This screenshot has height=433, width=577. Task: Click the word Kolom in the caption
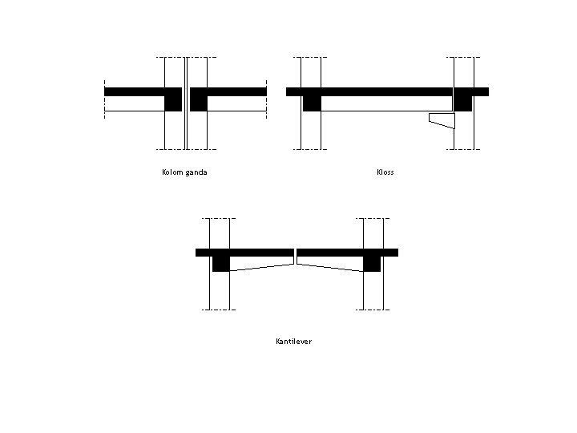[172, 172]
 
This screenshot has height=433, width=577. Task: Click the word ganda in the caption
[196, 172]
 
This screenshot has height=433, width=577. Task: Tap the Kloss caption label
[385, 172]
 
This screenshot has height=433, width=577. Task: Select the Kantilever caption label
[293, 342]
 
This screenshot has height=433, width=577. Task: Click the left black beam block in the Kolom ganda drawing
[173, 103]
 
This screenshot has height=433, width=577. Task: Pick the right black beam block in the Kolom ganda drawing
[199, 103]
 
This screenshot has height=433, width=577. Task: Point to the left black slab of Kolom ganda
[136, 91]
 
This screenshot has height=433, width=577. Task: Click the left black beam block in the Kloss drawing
[312, 103]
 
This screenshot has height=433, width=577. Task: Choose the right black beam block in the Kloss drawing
[462, 103]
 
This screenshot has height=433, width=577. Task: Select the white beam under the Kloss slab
[385, 103]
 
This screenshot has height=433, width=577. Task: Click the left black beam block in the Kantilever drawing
[221, 263]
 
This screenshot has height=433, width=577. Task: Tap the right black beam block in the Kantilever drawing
[372, 263]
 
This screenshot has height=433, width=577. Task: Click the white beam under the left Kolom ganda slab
[134, 103]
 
